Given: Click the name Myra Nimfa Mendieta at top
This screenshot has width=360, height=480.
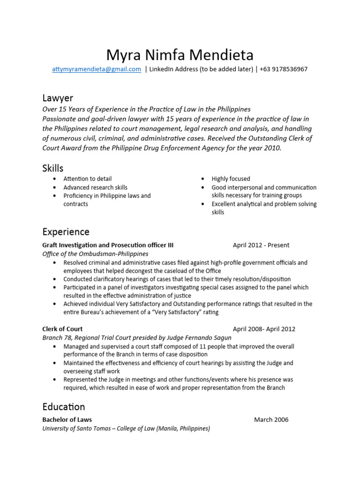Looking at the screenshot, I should coord(180,55).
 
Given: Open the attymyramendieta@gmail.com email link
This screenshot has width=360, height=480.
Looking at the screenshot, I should coord(96,69).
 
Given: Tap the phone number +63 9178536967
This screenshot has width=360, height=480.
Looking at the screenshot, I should coord(285,69).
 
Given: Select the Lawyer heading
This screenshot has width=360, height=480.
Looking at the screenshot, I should coord(58,98).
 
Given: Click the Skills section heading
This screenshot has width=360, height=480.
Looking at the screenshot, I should coord(53,168).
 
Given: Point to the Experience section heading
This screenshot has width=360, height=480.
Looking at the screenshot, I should coord(66,232).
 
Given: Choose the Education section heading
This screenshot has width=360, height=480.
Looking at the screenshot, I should coord(64,406).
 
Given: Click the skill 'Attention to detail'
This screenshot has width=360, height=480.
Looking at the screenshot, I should coord(88,179).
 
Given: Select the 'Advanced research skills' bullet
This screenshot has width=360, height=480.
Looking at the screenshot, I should coord(95,187).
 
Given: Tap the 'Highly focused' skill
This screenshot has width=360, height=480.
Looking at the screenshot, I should coord(231,179).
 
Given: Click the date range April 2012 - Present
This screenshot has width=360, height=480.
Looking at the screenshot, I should coord(261,245).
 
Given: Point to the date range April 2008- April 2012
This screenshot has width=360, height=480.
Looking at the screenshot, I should coord(264,329).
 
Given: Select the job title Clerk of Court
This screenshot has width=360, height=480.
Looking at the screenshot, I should coord(62,329).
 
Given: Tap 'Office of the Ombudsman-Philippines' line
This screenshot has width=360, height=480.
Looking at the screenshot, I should coord(95,254).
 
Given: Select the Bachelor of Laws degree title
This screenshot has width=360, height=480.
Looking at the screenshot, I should coord(67,420).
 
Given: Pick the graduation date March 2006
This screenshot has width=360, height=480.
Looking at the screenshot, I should coord(271,420).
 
